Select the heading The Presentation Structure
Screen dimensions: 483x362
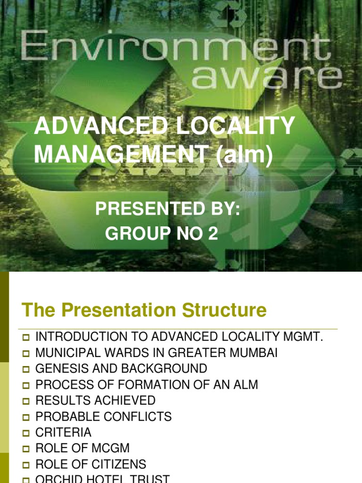[144, 310]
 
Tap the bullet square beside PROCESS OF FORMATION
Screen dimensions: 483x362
[26, 385]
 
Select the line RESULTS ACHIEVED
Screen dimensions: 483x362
[96, 400]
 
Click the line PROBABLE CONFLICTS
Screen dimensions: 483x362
[104, 416]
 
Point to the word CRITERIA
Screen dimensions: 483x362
[64, 433]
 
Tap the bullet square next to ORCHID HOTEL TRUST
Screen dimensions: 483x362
[26, 480]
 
